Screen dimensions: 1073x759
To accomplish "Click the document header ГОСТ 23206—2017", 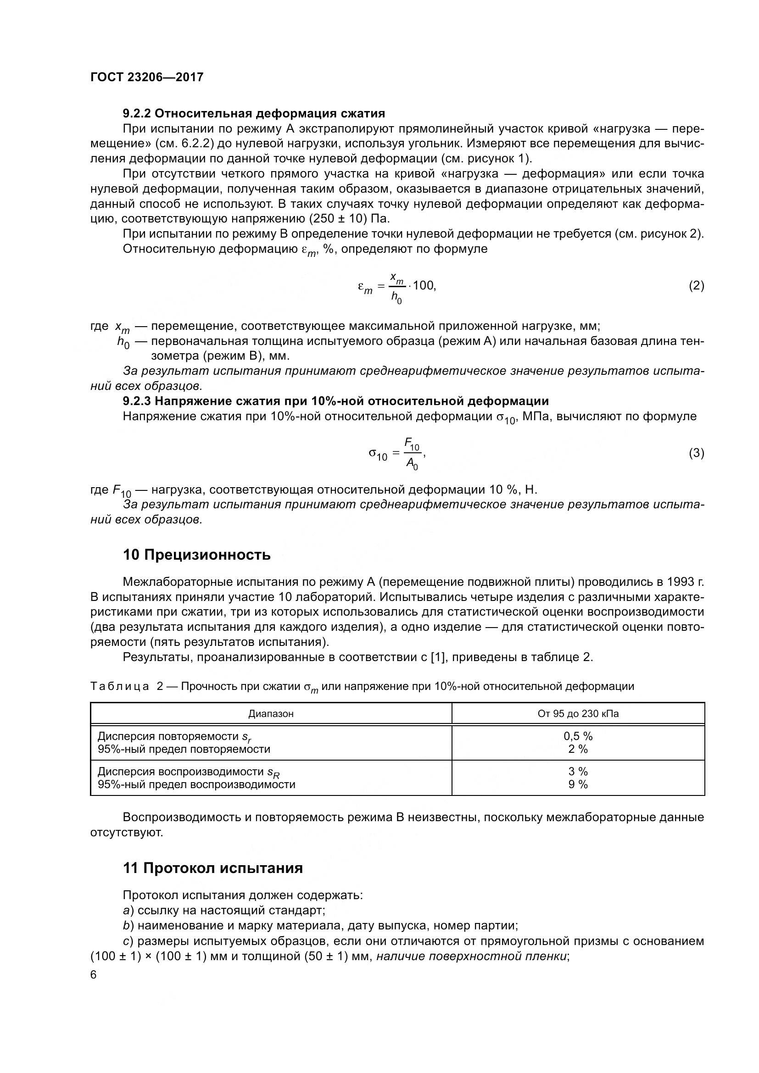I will click(x=147, y=77).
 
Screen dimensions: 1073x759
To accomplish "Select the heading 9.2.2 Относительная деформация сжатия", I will click(x=254, y=114).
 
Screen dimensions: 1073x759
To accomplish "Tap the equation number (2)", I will click(x=697, y=285).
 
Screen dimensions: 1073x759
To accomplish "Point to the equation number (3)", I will click(x=697, y=453).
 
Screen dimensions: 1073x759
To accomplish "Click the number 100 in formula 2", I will click(x=424, y=285).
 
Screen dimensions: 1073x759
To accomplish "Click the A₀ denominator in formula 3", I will click(x=412, y=463).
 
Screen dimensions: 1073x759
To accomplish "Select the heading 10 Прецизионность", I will click(x=197, y=555).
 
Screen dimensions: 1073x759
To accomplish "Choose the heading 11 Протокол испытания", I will click(x=212, y=868).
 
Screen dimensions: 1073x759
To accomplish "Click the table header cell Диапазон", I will click(x=271, y=714).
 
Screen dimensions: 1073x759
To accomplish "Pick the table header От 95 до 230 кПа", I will click(x=578, y=714).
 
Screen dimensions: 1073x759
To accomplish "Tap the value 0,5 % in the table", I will click(x=578, y=737).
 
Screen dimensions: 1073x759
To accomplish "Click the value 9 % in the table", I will click(x=578, y=784).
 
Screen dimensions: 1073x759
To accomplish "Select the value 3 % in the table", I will click(x=578, y=772).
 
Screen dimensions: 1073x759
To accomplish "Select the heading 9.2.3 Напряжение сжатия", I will click(x=335, y=401).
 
